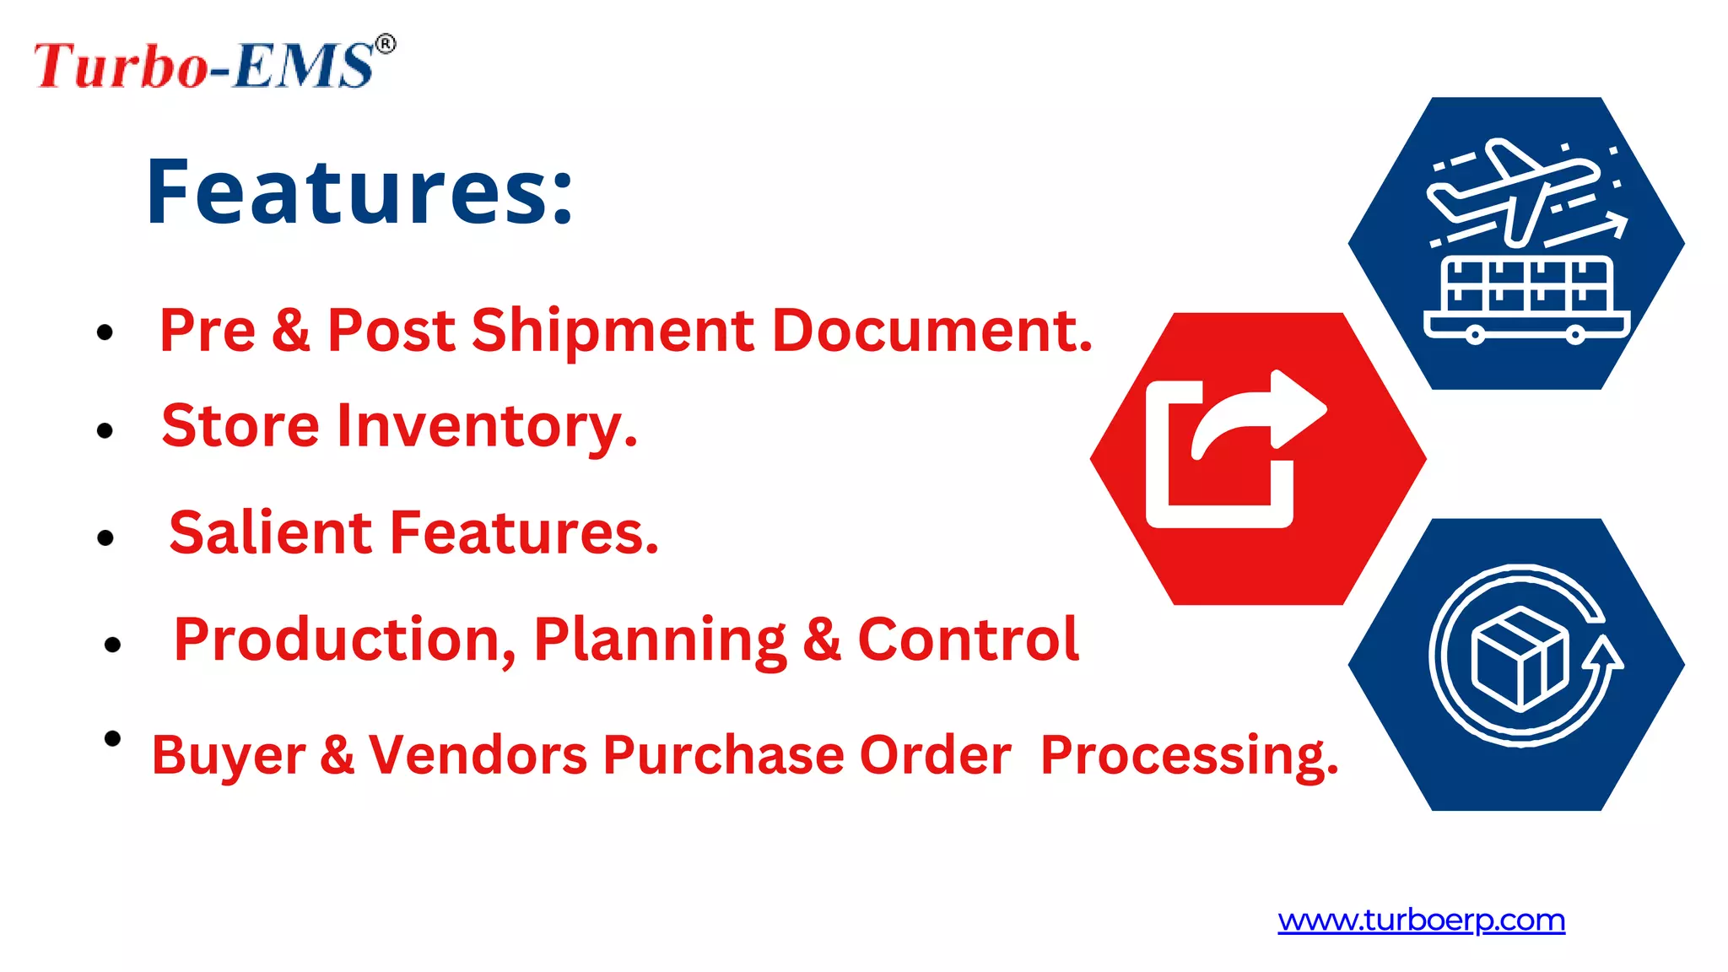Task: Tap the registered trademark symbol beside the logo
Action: [385, 44]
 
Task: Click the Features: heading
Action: [359, 192]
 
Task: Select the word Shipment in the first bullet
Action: [613, 330]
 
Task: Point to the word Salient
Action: [270, 532]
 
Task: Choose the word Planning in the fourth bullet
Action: [659, 640]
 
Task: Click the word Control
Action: [968, 639]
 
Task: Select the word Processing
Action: [1189, 754]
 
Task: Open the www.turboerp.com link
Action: [1421, 920]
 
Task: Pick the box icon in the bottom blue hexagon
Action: [1519, 658]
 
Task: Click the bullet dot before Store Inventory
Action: [105, 431]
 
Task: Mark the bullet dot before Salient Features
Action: [105, 537]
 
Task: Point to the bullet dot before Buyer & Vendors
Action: [111, 739]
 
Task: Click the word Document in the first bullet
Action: [931, 330]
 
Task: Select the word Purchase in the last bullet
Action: [723, 754]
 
